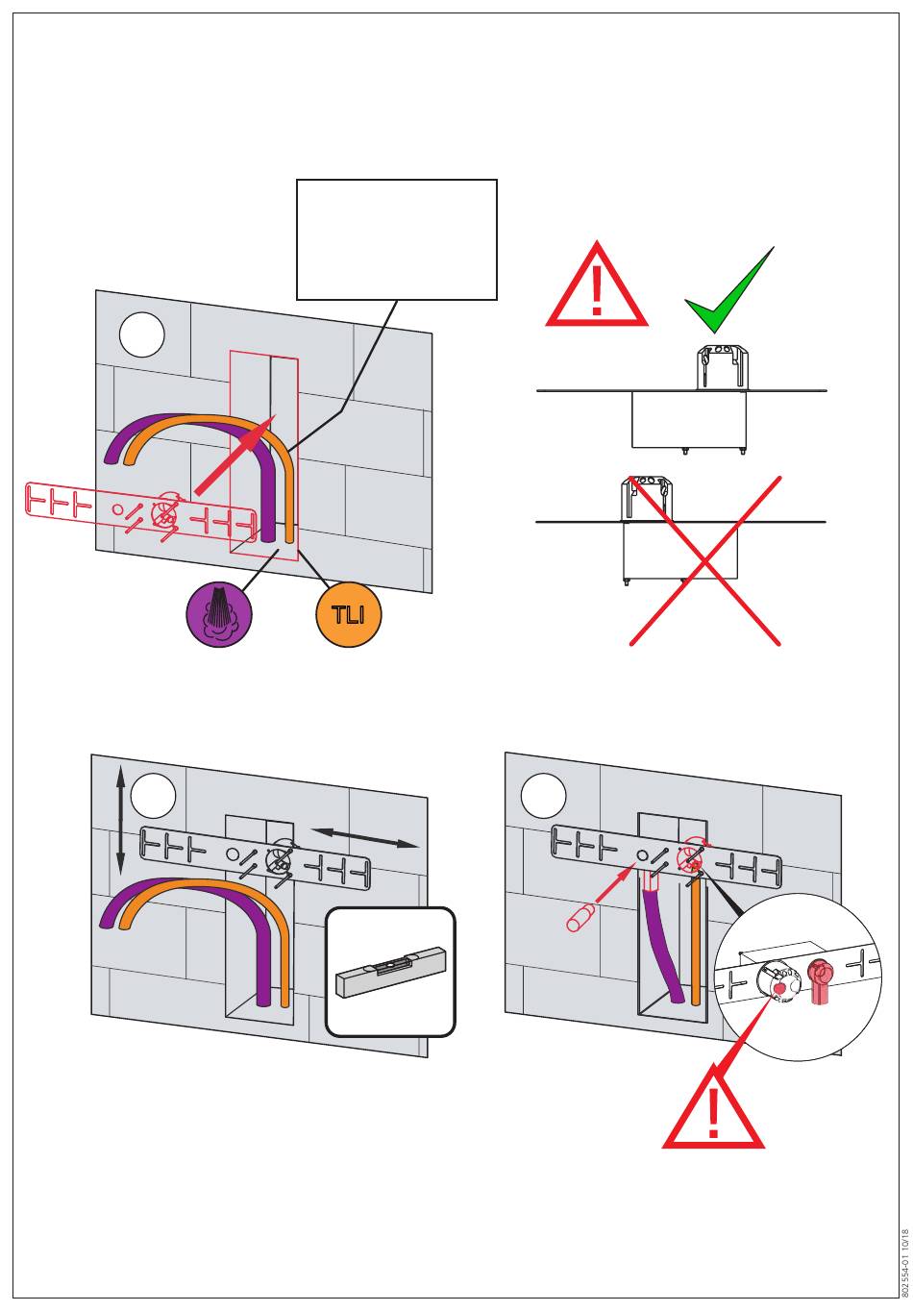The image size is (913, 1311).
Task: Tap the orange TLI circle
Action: pos(349,615)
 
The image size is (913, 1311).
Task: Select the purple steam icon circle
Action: pos(219,615)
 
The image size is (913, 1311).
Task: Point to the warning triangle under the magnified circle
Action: pos(713,1110)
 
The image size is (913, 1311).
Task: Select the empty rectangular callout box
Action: pos(397,239)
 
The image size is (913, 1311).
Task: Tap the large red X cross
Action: pos(704,560)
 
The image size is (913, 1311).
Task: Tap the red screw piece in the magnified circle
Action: pos(819,980)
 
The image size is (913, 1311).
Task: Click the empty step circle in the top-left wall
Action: pos(142,334)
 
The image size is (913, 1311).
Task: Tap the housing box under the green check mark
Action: pos(688,419)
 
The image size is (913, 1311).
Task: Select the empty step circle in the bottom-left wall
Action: pos(154,797)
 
